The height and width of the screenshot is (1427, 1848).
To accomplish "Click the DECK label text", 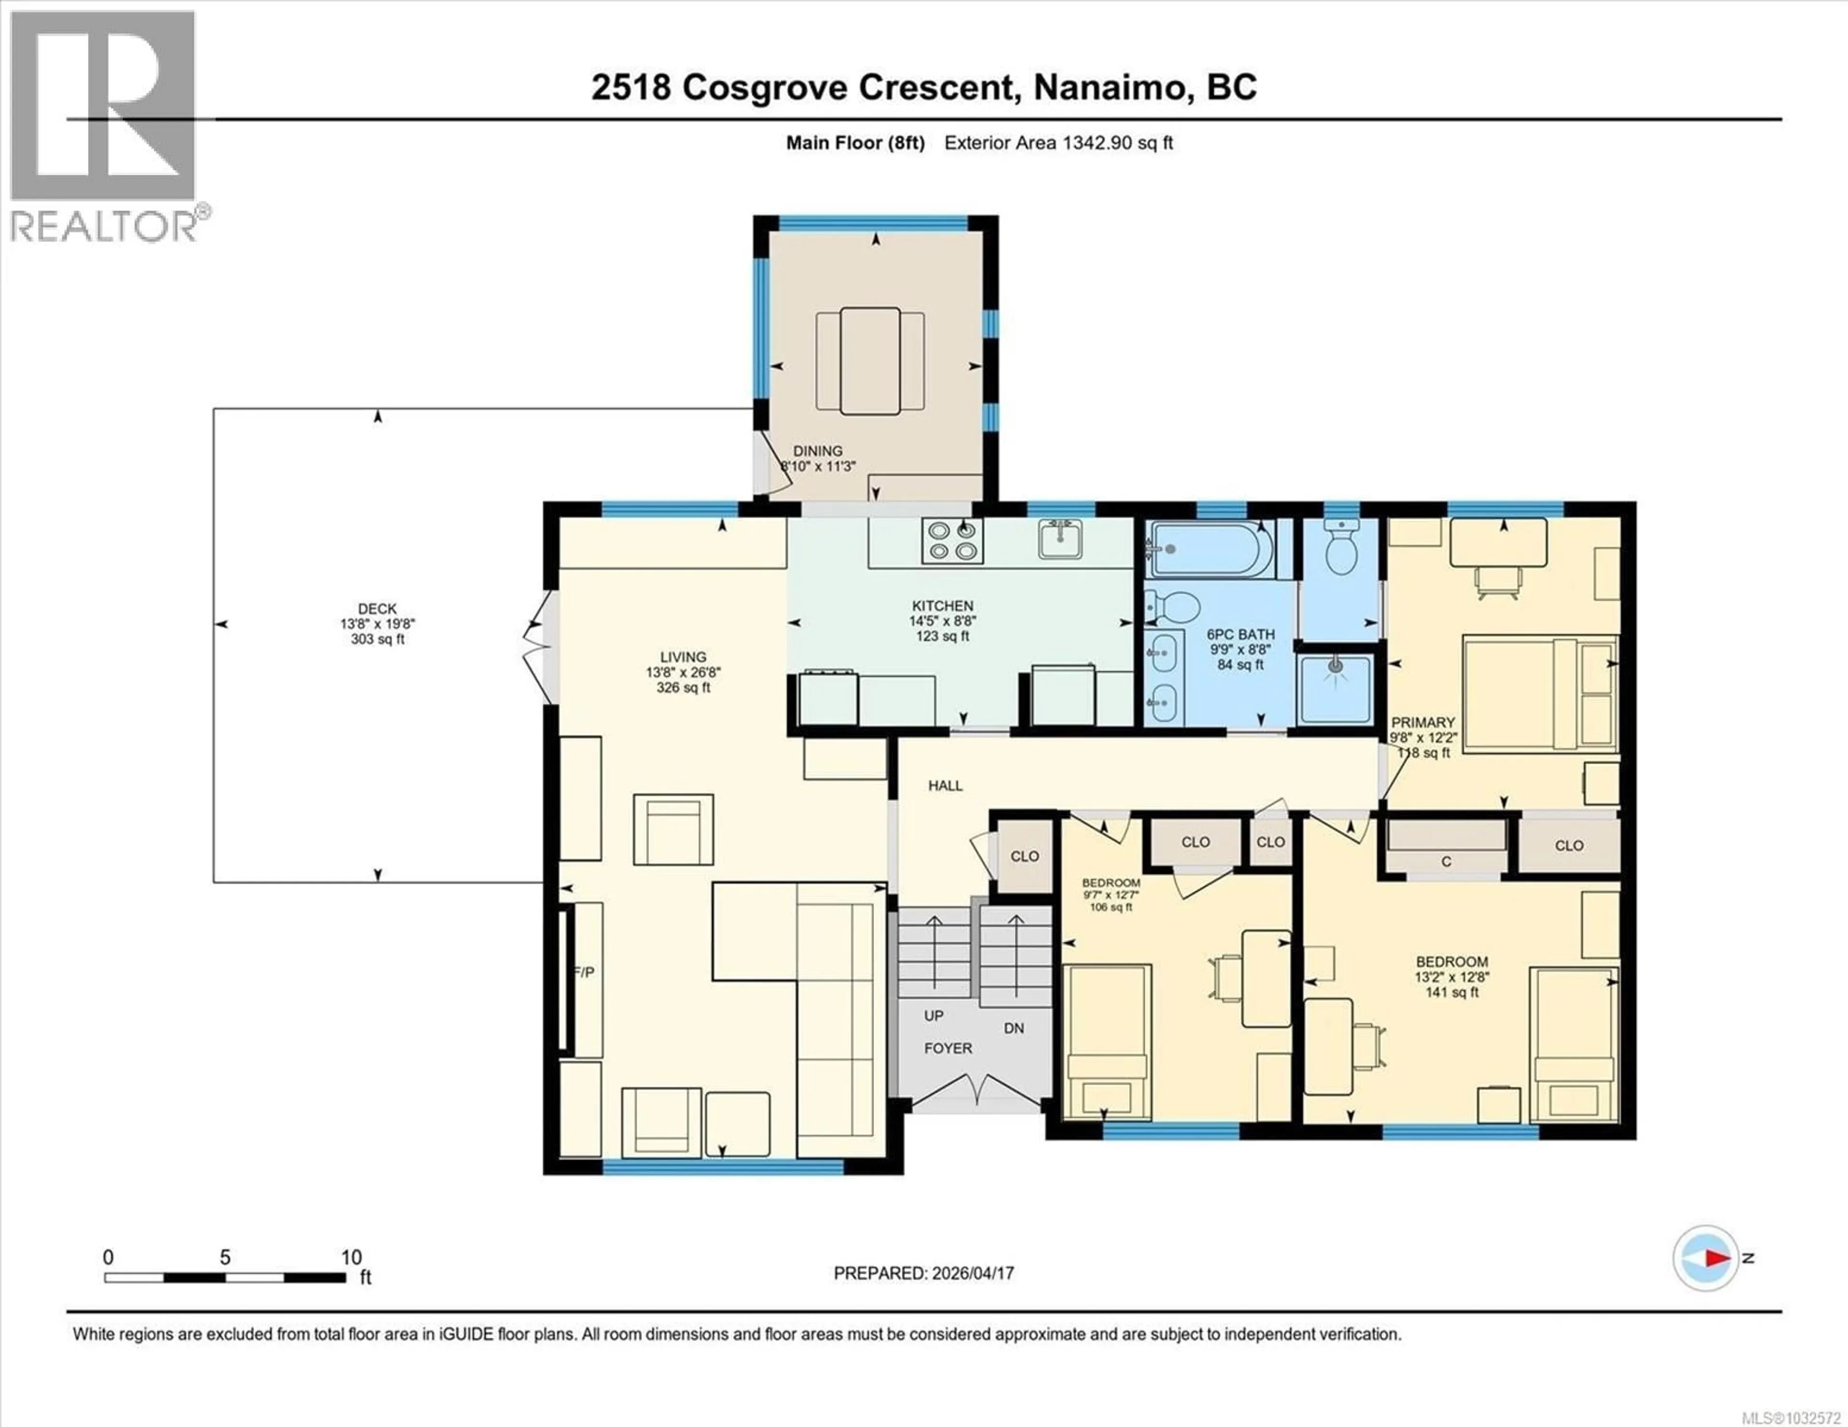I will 377,608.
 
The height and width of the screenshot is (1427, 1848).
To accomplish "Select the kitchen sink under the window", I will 1060,540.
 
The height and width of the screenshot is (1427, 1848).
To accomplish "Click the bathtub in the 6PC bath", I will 1208,549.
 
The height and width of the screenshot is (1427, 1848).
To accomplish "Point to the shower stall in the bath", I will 1336,689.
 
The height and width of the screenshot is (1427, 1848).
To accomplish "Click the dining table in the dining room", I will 870,361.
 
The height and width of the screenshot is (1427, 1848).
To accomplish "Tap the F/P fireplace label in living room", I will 584,973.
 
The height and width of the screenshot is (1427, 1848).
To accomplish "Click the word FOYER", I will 948,1048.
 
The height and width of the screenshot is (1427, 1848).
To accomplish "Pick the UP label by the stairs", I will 933,1015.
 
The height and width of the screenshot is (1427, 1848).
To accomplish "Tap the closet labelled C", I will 1446,861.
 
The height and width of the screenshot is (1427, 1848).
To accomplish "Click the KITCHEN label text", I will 943,606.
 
